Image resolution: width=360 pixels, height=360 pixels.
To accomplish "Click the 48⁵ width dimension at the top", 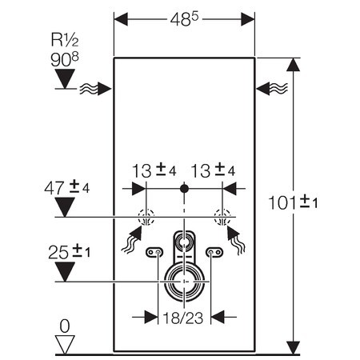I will click(x=185, y=18).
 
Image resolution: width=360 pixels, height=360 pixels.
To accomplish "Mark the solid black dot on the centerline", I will click(x=184, y=189).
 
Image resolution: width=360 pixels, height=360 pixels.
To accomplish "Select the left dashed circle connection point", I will click(x=146, y=216).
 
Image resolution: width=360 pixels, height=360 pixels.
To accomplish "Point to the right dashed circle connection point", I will click(x=222, y=216).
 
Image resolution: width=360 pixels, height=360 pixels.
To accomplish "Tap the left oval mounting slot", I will click(x=154, y=254).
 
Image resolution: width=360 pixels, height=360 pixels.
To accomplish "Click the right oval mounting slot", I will click(x=214, y=254).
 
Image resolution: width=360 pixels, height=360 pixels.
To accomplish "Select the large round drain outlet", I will click(x=184, y=282).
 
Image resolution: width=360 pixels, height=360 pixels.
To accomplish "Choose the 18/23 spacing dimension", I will click(x=184, y=317).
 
